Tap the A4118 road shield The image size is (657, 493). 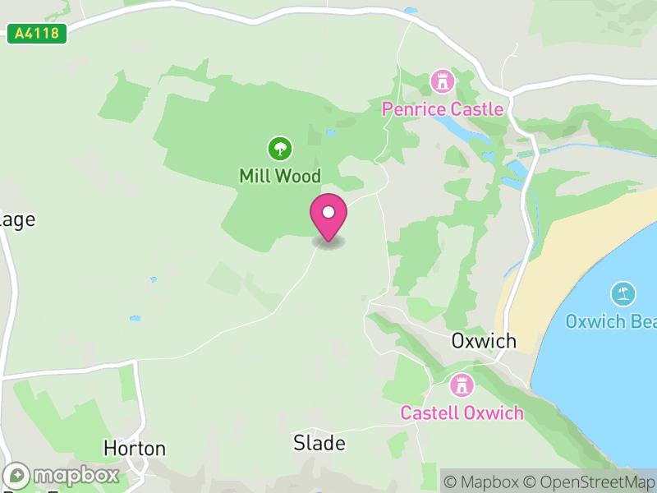pos(37,35)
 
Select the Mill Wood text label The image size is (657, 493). pos(280,176)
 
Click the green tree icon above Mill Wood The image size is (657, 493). pos(280,149)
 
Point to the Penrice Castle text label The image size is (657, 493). pos(443,109)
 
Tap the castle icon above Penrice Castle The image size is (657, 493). pos(443,81)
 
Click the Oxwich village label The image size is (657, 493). pos(484,341)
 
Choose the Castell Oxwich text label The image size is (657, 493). pos(462,412)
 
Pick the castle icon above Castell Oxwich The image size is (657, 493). pos(462,385)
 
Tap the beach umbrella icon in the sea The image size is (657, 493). pos(623,293)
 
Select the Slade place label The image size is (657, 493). pos(319,444)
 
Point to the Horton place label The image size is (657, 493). pos(135,449)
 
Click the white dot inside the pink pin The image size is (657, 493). pos(328,212)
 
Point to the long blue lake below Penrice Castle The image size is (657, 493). pos(452,128)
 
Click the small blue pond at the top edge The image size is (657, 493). pos(410,11)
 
